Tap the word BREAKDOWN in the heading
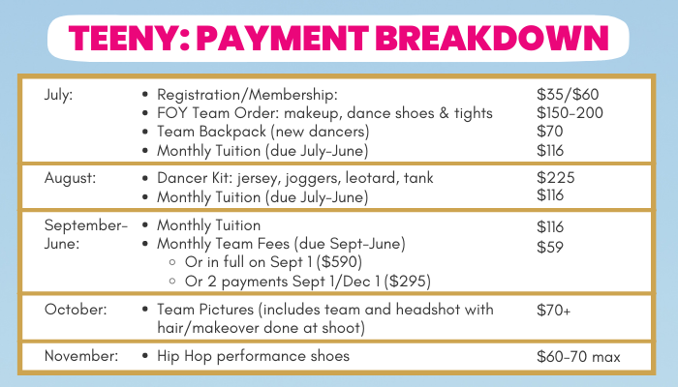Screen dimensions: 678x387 click(x=492, y=39)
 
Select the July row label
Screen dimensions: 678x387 click(x=59, y=95)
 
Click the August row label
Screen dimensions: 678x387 click(x=70, y=178)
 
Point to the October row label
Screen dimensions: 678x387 click(x=76, y=310)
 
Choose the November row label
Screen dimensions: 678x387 click(x=81, y=356)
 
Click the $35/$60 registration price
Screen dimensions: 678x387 click(x=568, y=94)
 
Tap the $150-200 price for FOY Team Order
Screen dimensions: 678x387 click(x=570, y=113)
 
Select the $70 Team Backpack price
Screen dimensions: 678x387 click(x=550, y=132)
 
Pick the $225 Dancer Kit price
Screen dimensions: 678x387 click(x=556, y=177)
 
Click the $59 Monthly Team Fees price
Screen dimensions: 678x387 click(x=550, y=247)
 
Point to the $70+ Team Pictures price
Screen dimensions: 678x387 click(x=554, y=310)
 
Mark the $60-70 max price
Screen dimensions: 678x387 click(x=578, y=357)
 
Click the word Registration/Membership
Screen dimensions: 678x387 click(x=247, y=95)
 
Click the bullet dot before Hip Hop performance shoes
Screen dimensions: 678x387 click(x=145, y=356)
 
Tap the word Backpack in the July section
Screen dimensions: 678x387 click(x=238, y=132)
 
